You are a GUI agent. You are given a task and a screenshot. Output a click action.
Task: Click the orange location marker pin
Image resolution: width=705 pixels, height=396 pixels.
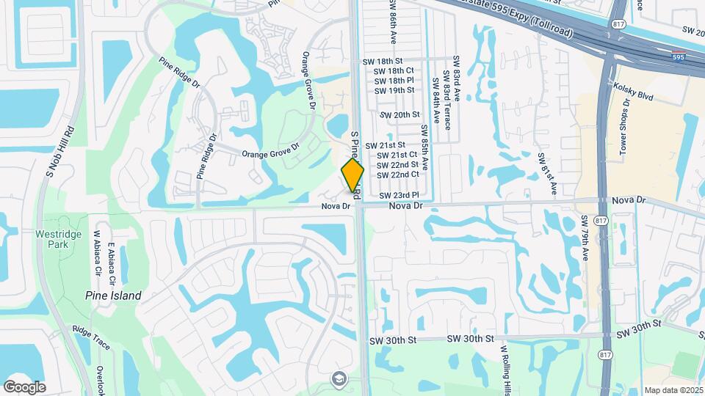352,175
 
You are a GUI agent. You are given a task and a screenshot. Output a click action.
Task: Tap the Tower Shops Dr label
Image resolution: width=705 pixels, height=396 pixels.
626,139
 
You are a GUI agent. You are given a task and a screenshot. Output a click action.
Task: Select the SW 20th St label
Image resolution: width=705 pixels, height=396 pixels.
399,115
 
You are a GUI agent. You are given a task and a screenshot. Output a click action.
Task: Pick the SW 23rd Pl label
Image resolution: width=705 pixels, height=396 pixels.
399,195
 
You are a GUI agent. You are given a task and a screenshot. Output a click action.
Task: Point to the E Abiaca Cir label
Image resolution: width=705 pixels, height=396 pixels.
112,265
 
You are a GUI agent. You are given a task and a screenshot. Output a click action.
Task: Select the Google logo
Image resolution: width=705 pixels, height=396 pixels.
24,386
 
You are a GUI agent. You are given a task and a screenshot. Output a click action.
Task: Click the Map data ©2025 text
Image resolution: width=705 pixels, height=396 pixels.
673,390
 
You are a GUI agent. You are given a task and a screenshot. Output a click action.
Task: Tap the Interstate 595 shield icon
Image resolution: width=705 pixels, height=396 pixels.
679,56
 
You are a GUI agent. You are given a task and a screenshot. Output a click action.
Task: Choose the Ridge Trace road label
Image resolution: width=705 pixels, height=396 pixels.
91,337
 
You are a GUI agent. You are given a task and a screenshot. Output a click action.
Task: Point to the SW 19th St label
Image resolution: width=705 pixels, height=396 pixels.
394,90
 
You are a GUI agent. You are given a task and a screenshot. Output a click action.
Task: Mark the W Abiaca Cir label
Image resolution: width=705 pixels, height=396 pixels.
96,253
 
